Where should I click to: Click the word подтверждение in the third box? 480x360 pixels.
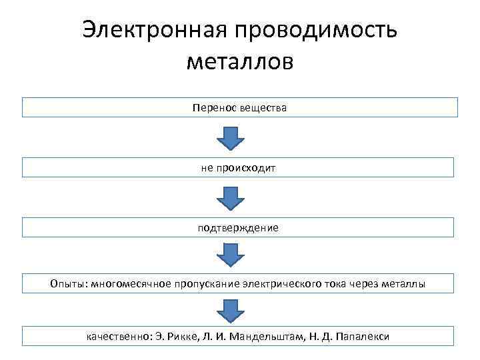(x=238, y=228)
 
